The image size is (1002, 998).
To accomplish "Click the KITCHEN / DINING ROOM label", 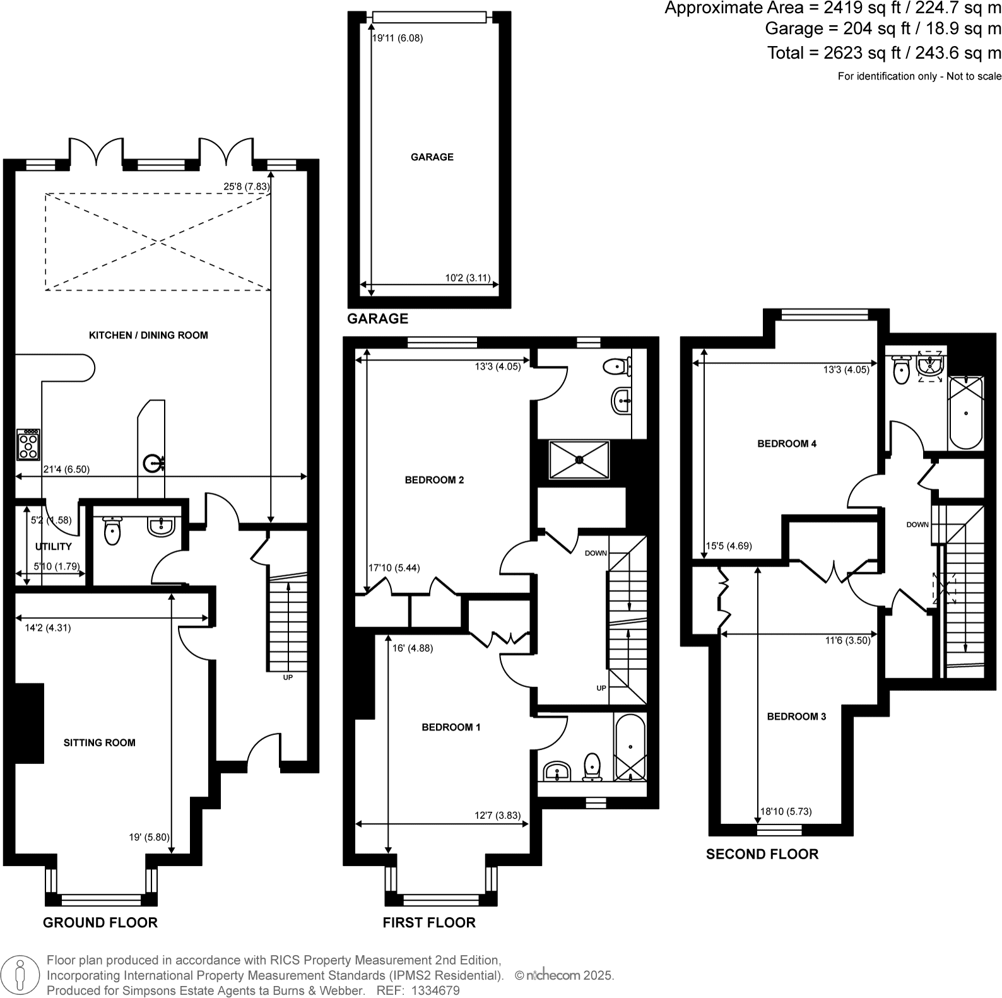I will pyautogui.click(x=148, y=335).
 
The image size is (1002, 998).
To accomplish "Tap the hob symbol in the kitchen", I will pyautogui.click(x=28, y=445).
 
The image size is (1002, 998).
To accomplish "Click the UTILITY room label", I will pyautogui.click(x=54, y=546).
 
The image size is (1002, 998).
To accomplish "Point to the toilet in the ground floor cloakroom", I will pyautogui.click(x=112, y=531).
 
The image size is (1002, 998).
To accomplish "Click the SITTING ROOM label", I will pyautogui.click(x=100, y=743).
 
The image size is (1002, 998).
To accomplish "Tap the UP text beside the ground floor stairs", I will pyautogui.click(x=288, y=678).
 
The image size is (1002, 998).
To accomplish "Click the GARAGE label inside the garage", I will pyautogui.click(x=432, y=157).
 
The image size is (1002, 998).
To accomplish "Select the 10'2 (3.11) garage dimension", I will pyautogui.click(x=468, y=278).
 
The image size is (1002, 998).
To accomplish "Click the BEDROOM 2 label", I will pyautogui.click(x=434, y=480).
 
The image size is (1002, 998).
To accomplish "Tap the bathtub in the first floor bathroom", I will pyautogui.click(x=630, y=748).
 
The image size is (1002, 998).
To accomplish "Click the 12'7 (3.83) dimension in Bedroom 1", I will pyautogui.click(x=497, y=815).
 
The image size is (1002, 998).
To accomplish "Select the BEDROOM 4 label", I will pyautogui.click(x=787, y=443).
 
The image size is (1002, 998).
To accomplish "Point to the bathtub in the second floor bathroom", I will pyautogui.click(x=966, y=413).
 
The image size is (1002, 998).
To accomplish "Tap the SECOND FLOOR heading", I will pyautogui.click(x=762, y=854).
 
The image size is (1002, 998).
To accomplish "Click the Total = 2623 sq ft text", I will pyautogui.click(x=883, y=53).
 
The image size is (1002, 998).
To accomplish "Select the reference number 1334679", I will pyautogui.click(x=435, y=990).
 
